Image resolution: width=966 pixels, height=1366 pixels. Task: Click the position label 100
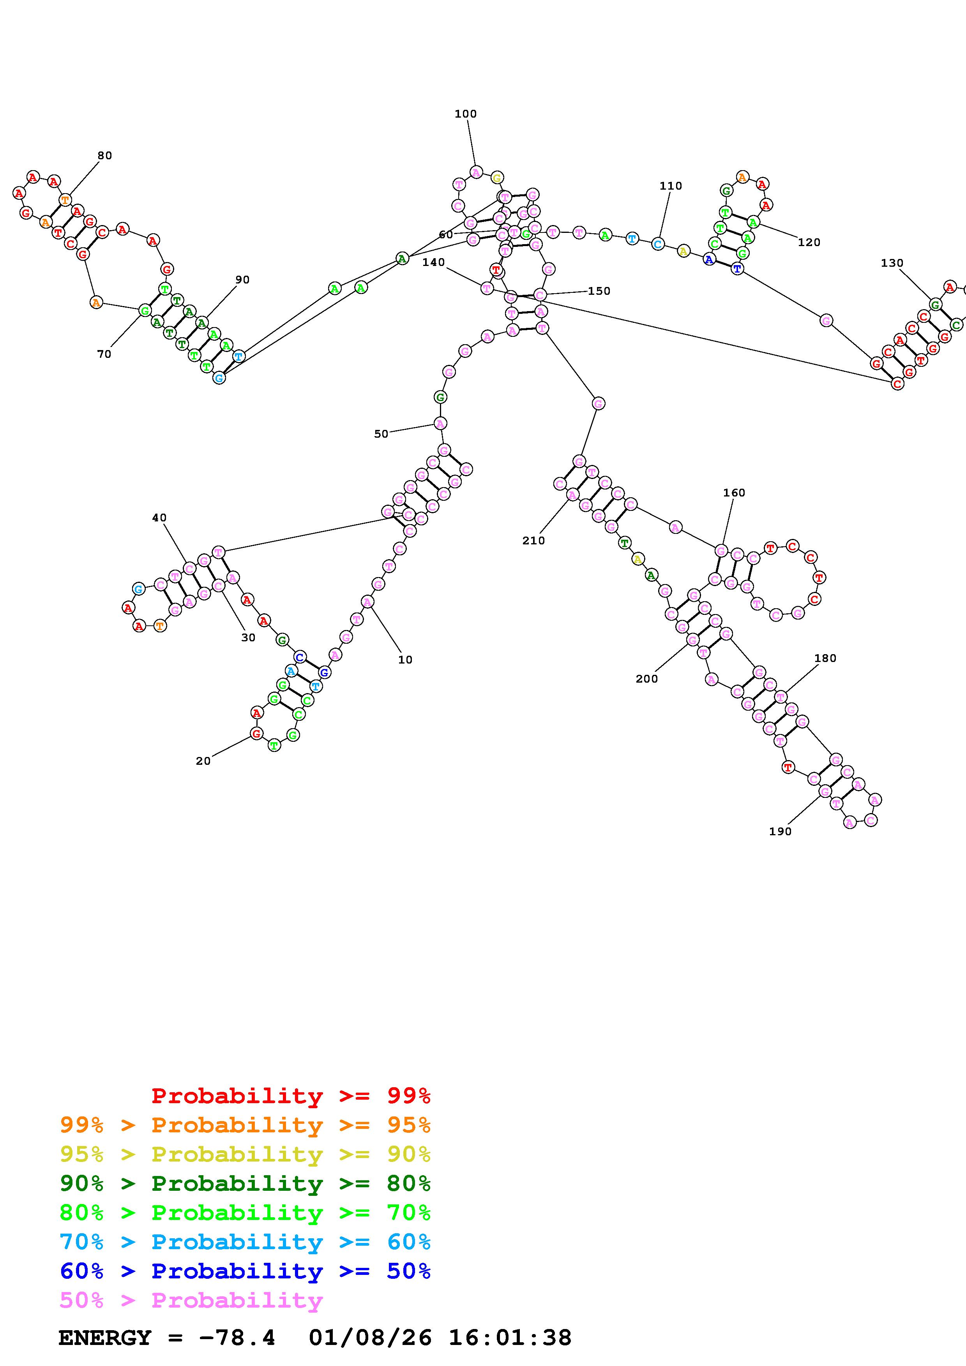465,114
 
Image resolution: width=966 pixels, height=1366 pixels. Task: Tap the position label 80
105,155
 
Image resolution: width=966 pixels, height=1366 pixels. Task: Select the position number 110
670,186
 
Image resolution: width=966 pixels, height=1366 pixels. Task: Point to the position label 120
809,242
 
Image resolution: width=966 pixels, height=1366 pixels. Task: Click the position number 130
892,263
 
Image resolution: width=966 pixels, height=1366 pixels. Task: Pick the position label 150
599,291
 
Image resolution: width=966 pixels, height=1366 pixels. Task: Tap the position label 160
734,493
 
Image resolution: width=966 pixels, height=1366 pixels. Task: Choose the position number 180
825,658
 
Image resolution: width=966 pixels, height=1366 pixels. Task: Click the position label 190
780,831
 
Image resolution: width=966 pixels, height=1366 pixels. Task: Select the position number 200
646,679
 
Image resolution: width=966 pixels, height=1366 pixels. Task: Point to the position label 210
533,540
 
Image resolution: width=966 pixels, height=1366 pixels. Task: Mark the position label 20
203,761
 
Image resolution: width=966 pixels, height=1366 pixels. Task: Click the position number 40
159,518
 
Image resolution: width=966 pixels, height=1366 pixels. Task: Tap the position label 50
381,434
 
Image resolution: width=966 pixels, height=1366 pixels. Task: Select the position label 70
104,354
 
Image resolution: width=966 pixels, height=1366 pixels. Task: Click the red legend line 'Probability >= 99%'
290,1095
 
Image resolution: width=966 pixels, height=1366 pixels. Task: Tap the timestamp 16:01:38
509,1338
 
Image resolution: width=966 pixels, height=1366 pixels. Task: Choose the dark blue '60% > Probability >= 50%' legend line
245,1271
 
